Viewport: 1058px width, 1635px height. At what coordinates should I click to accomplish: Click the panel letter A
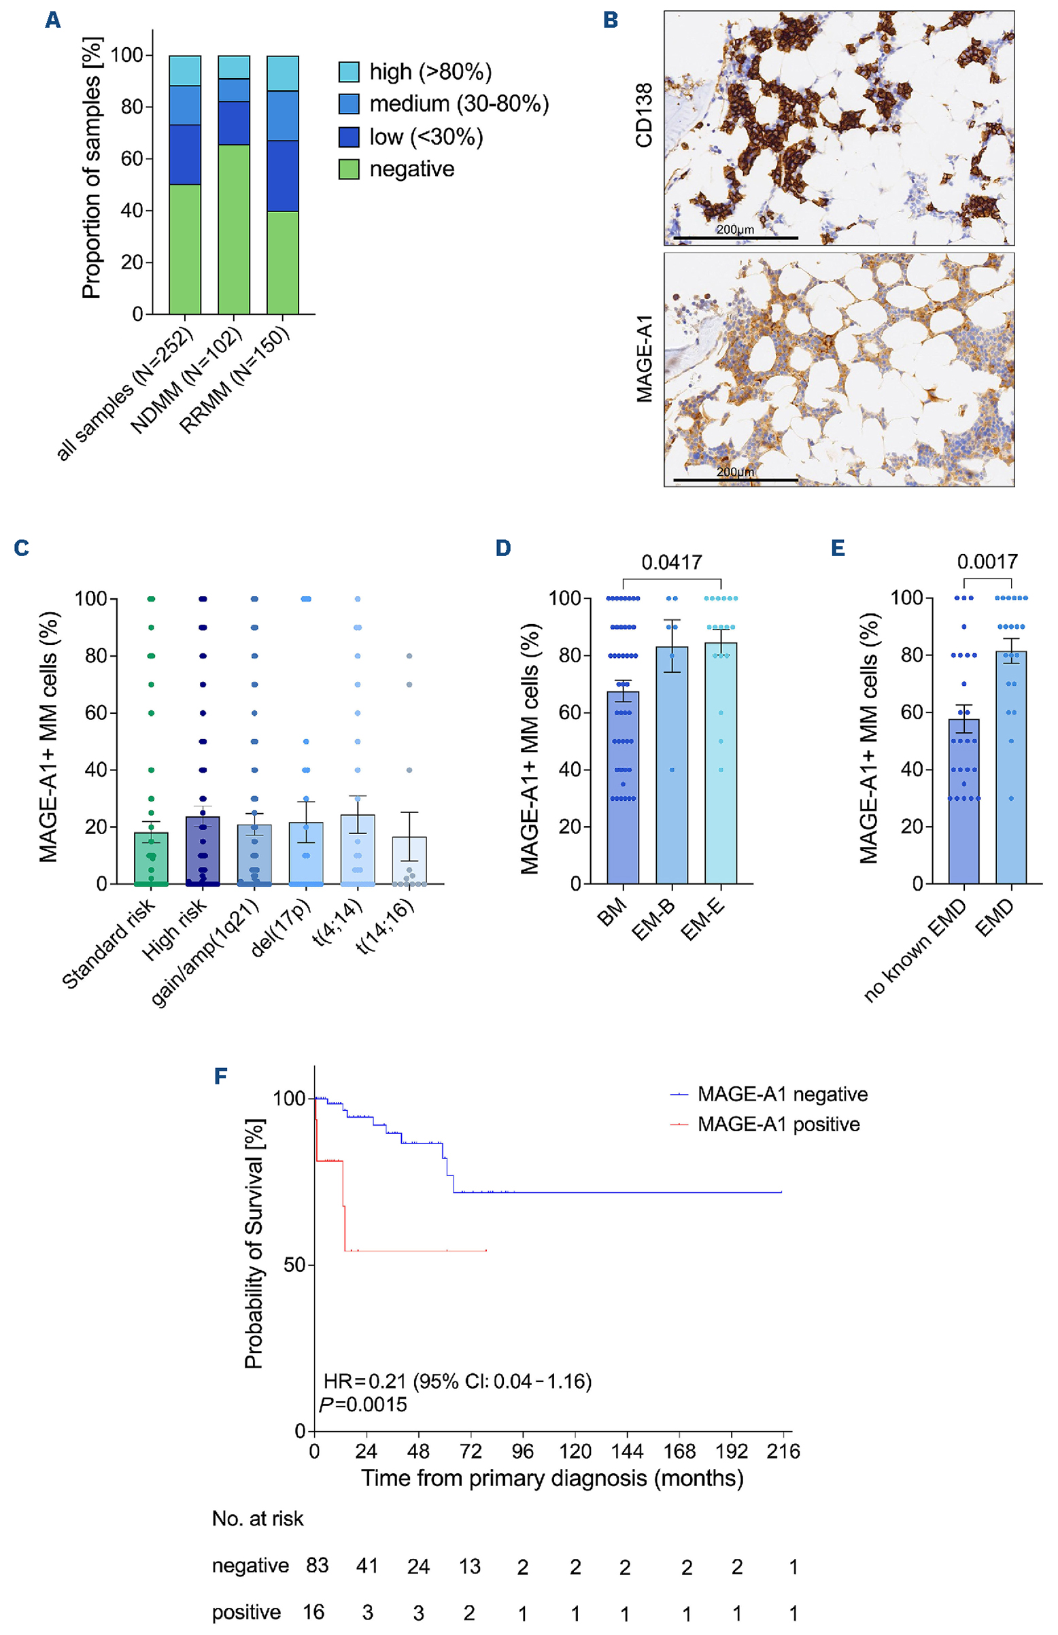53,20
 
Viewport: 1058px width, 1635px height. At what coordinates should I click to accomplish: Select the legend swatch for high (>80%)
349,72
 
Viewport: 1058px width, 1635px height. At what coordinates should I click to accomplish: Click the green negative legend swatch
349,169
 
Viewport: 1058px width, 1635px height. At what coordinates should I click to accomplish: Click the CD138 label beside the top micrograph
644,116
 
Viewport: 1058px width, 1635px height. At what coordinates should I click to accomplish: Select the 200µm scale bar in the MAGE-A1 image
735,480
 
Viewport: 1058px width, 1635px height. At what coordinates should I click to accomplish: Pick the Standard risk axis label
109,944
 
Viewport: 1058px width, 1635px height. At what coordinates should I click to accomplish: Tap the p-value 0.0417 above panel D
671,562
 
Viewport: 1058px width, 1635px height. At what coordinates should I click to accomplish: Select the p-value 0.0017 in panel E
987,562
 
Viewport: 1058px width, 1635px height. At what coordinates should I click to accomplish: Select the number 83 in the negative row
318,1565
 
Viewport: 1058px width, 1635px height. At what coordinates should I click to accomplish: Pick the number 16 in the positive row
314,1612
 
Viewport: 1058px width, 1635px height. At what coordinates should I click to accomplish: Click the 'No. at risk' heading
258,1518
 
